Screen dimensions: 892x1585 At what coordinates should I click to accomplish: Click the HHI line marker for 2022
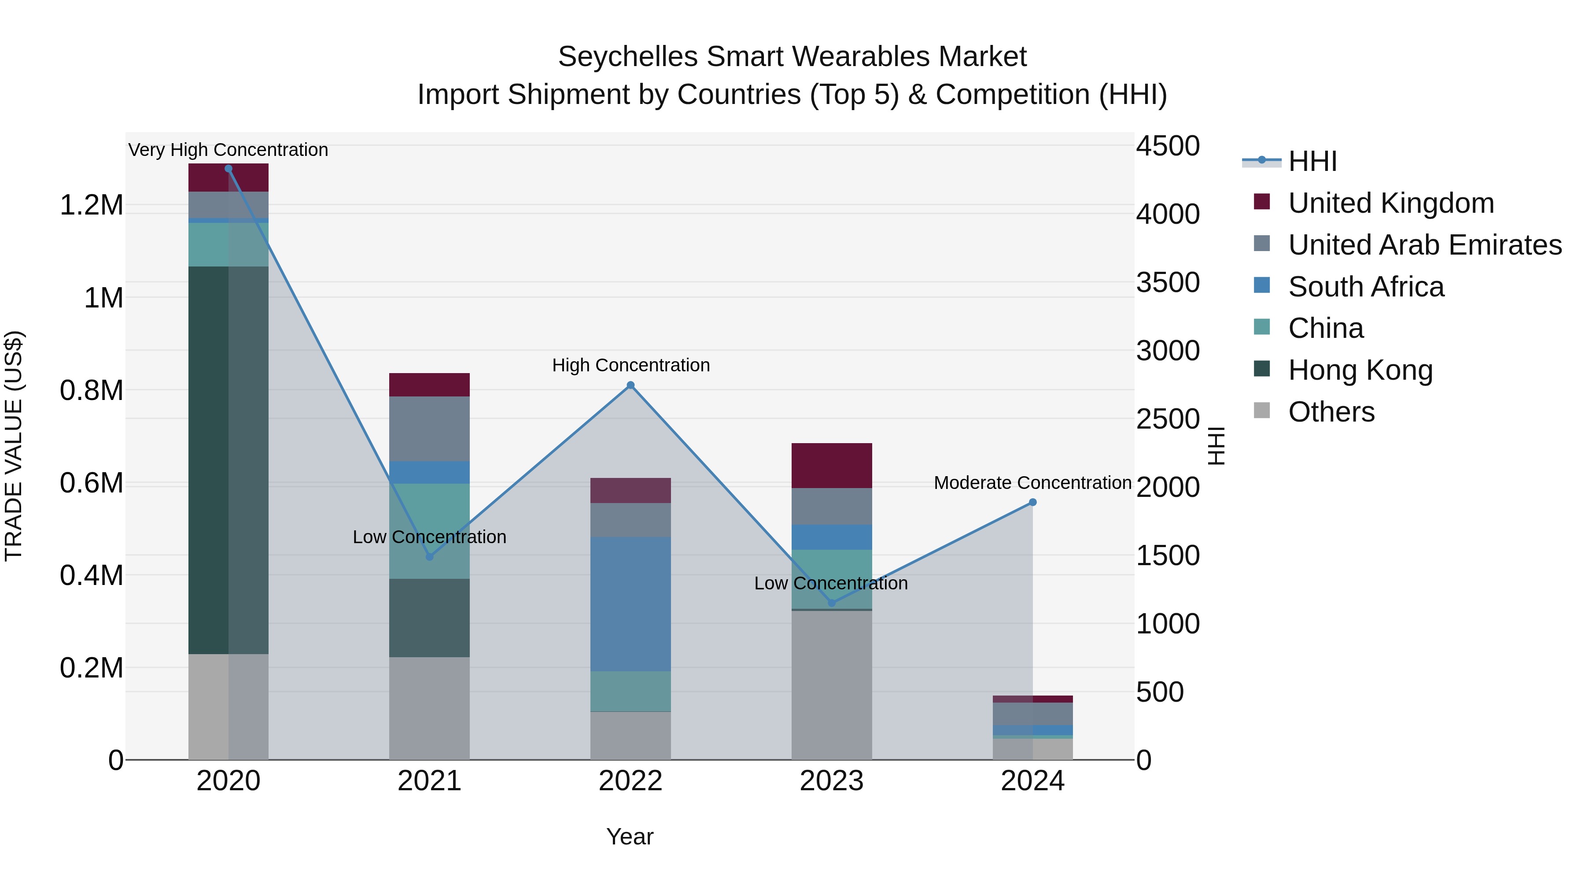[x=630, y=385]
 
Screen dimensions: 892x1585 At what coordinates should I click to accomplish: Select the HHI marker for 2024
[x=1032, y=502]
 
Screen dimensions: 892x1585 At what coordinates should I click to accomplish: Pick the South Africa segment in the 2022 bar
[x=630, y=603]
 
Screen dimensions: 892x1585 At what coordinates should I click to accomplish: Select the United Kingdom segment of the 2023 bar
[x=831, y=466]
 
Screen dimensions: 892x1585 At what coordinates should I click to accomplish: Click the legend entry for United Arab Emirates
[x=1424, y=245]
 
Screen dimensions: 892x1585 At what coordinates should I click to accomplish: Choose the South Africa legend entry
[x=1366, y=287]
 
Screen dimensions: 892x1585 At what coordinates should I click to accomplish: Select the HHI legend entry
[x=1312, y=161]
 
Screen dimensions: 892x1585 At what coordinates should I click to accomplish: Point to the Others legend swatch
[x=1261, y=411]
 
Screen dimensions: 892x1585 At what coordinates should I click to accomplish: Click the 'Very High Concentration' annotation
[x=228, y=150]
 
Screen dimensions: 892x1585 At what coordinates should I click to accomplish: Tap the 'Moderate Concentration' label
[x=1032, y=483]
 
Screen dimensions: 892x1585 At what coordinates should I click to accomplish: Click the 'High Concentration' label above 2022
[x=630, y=365]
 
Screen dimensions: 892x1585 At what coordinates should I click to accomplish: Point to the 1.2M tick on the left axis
[x=91, y=205]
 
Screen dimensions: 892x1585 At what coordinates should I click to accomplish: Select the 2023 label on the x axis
[x=831, y=781]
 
